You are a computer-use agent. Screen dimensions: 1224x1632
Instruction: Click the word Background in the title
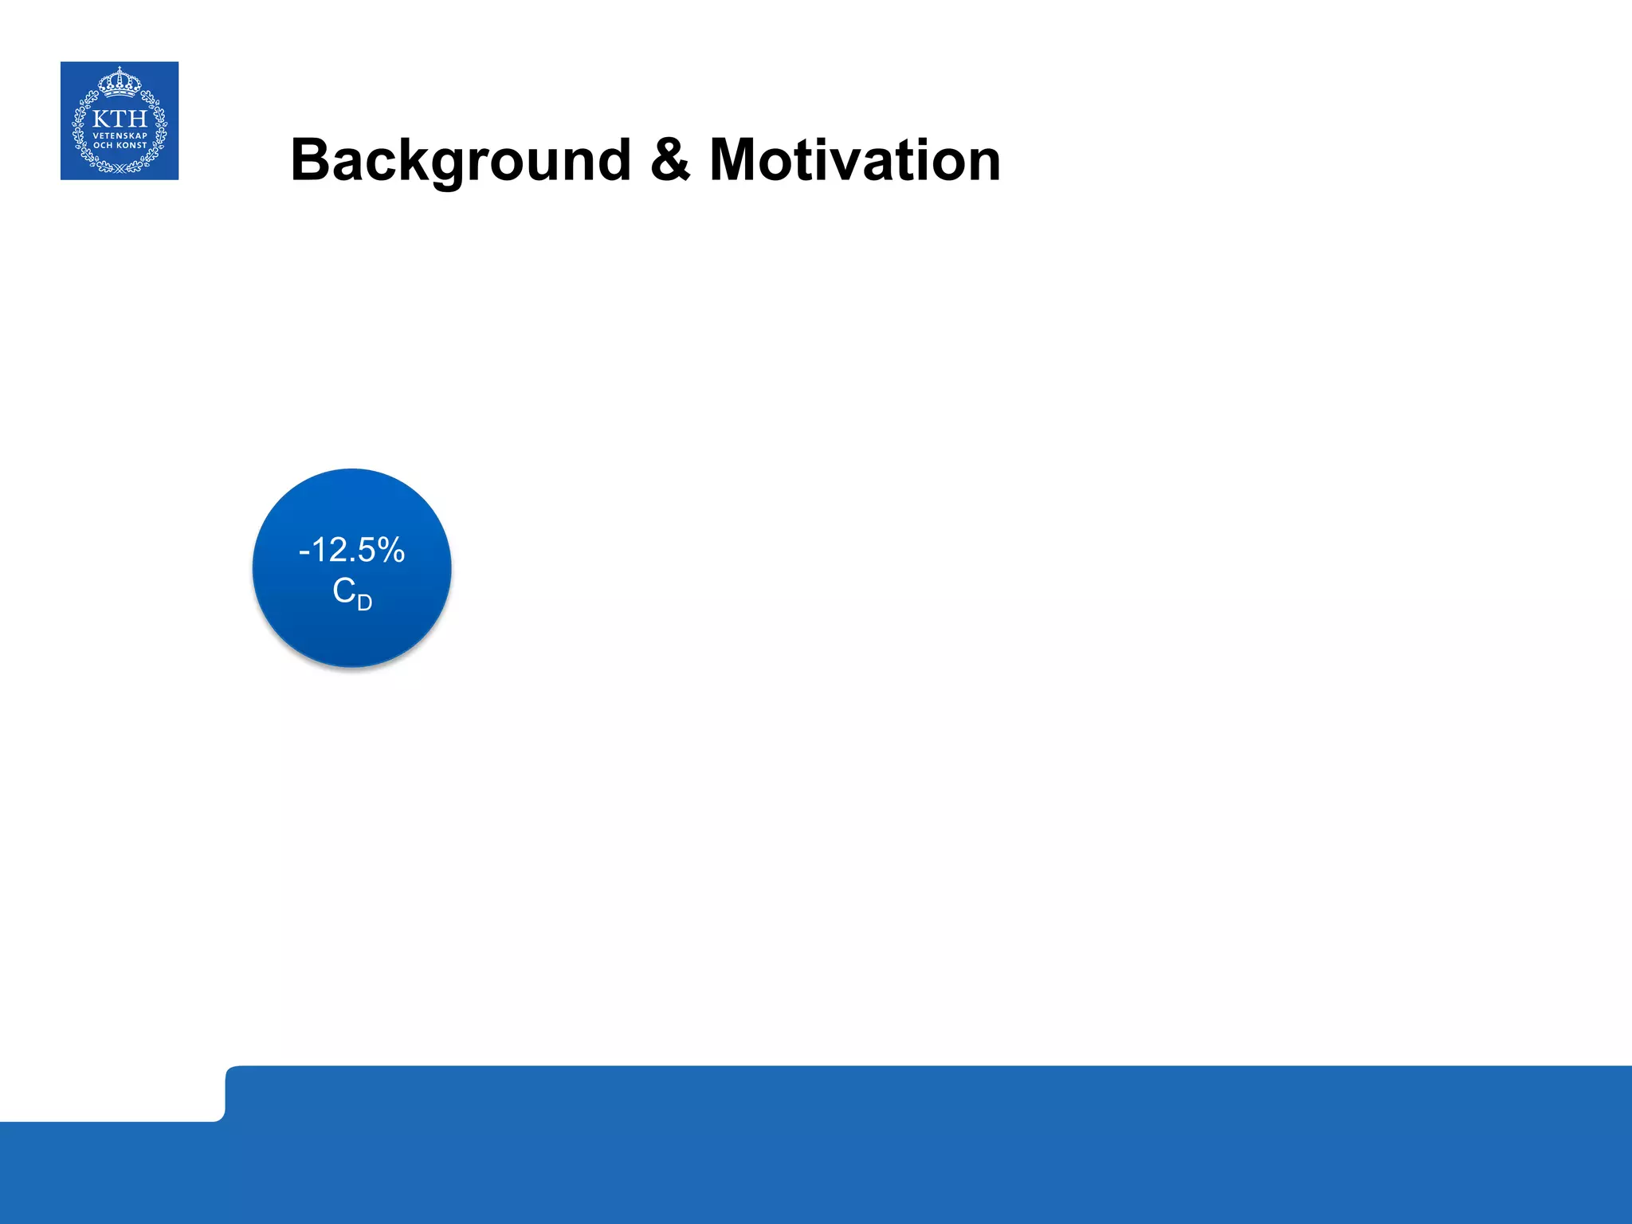point(461,161)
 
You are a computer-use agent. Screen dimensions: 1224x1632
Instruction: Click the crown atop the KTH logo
point(120,81)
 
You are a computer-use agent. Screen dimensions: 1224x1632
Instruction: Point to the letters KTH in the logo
point(120,119)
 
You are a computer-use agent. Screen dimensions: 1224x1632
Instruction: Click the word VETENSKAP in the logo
point(120,135)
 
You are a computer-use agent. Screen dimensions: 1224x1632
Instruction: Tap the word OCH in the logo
point(104,145)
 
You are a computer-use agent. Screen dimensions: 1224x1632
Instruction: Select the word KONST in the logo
point(131,145)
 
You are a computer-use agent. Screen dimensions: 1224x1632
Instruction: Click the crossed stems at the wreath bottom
point(120,168)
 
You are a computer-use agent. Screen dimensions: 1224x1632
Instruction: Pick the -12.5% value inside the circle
point(351,550)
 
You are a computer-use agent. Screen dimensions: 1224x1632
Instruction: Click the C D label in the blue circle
point(351,593)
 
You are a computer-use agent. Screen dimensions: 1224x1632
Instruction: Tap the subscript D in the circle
point(364,602)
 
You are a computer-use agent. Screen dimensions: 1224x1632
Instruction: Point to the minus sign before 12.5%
point(304,551)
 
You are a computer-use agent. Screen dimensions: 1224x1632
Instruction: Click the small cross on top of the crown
point(120,69)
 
